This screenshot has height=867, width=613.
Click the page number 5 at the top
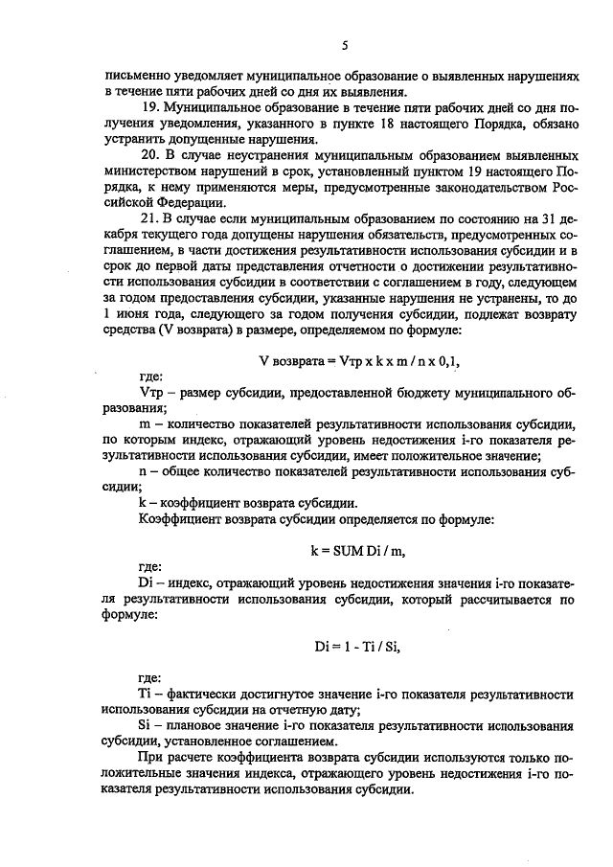[x=343, y=45]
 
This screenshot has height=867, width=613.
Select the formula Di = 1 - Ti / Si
[x=342, y=647]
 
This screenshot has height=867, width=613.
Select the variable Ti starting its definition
[x=146, y=693]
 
